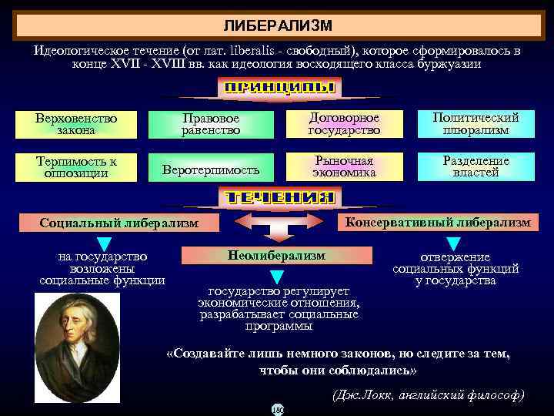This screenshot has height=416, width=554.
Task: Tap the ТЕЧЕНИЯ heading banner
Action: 279,197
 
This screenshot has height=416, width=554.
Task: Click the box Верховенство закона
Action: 76,125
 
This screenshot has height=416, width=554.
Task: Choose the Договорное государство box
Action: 344,125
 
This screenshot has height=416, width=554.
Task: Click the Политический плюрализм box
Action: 476,125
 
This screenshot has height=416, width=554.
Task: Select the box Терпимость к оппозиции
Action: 76,167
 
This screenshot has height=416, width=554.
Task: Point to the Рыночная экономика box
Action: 344,167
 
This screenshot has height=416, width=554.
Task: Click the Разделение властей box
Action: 476,167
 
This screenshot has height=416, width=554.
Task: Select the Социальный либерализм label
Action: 119,223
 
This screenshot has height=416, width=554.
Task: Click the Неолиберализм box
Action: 277,255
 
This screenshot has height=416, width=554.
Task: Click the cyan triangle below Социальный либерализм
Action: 105,243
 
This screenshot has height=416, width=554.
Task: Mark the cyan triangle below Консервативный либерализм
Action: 453,243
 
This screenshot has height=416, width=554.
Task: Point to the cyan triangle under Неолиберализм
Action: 277,276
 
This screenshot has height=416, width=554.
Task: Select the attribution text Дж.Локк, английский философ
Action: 428,395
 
